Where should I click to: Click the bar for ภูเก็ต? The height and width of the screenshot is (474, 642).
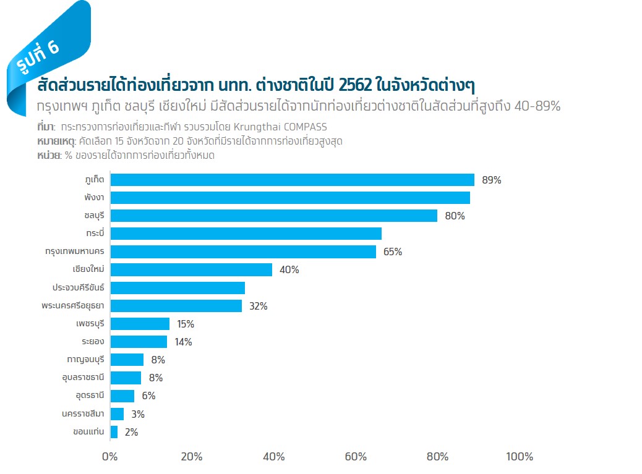click(x=292, y=180)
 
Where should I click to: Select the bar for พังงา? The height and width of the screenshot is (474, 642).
click(x=290, y=198)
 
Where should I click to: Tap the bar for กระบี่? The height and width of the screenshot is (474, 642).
click(x=246, y=234)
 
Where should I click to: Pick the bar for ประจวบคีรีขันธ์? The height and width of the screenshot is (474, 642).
click(x=178, y=288)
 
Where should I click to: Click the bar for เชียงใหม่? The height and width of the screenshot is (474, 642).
click(x=191, y=270)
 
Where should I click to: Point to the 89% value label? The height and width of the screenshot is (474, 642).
click(x=491, y=180)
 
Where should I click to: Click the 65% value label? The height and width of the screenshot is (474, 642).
click(x=393, y=252)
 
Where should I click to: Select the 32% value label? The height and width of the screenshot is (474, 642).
click(x=258, y=306)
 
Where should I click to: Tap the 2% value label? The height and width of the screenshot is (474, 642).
click(x=131, y=433)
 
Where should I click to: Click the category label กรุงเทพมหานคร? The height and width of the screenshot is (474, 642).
click(x=74, y=252)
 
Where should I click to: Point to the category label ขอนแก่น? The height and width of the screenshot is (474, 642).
click(x=88, y=432)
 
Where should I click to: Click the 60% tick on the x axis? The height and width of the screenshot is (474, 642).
click(x=356, y=457)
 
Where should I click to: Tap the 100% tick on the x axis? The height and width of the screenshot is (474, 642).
click(x=519, y=457)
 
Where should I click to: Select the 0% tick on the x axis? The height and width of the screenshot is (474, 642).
click(x=109, y=457)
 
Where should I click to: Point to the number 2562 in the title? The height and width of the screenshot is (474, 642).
click(x=351, y=85)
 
